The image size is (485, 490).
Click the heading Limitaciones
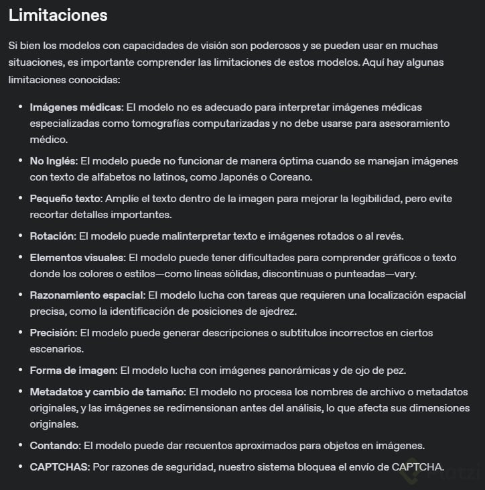coord(58,15)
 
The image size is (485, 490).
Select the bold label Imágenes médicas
coord(76,107)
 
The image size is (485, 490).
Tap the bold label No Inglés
coord(53,161)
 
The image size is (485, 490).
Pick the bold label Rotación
coord(53,236)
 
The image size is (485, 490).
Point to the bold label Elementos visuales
coord(76,258)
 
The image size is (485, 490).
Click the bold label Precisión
coord(54,333)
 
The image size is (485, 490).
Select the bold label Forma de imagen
coord(73,371)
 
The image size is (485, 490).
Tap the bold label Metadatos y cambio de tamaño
coord(107,392)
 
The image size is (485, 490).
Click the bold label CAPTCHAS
coord(59,467)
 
